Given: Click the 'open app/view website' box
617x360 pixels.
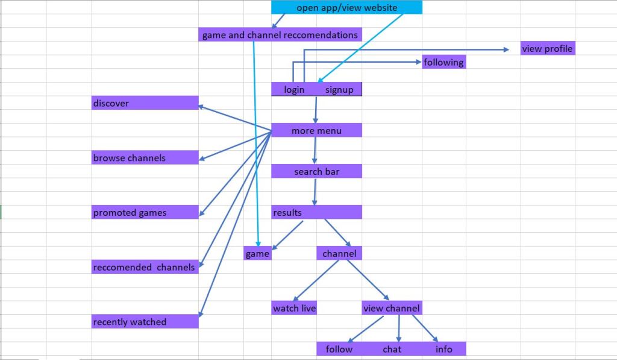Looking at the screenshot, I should point(346,7).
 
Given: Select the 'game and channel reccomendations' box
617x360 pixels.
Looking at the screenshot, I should point(280,35).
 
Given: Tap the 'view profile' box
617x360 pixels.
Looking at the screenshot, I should point(548,48).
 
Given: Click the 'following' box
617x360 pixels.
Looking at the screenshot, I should point(443,62).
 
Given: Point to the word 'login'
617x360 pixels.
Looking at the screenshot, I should point(294,90).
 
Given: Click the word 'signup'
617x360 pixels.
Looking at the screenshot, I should point(339,90).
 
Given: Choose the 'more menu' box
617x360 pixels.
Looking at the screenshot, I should point(316,130).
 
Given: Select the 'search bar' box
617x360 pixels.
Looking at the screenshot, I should point(316,171).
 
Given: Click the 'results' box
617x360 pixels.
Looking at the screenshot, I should point(316,212).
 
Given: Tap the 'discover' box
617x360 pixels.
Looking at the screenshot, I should point(145,103).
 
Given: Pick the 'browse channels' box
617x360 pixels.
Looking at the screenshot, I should point(145,158).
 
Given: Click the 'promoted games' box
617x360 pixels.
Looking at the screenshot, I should point(145,212).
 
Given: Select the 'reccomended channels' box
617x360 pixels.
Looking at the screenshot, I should point(145,267).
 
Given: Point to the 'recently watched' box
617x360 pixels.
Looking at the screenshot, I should point(145,322).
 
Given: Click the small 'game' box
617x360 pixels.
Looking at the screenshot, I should point(257,254).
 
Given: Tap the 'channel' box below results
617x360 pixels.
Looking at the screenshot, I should point(339,254).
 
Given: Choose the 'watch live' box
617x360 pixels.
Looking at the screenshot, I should point(294,308).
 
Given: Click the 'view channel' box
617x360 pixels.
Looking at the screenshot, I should point(392,308).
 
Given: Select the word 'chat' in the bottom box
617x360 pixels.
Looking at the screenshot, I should point(392,349).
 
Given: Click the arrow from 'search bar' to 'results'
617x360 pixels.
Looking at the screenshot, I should point(315,192).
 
